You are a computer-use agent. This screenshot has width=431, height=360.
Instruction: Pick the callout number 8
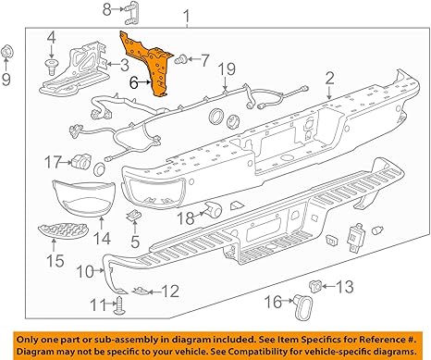105,10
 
